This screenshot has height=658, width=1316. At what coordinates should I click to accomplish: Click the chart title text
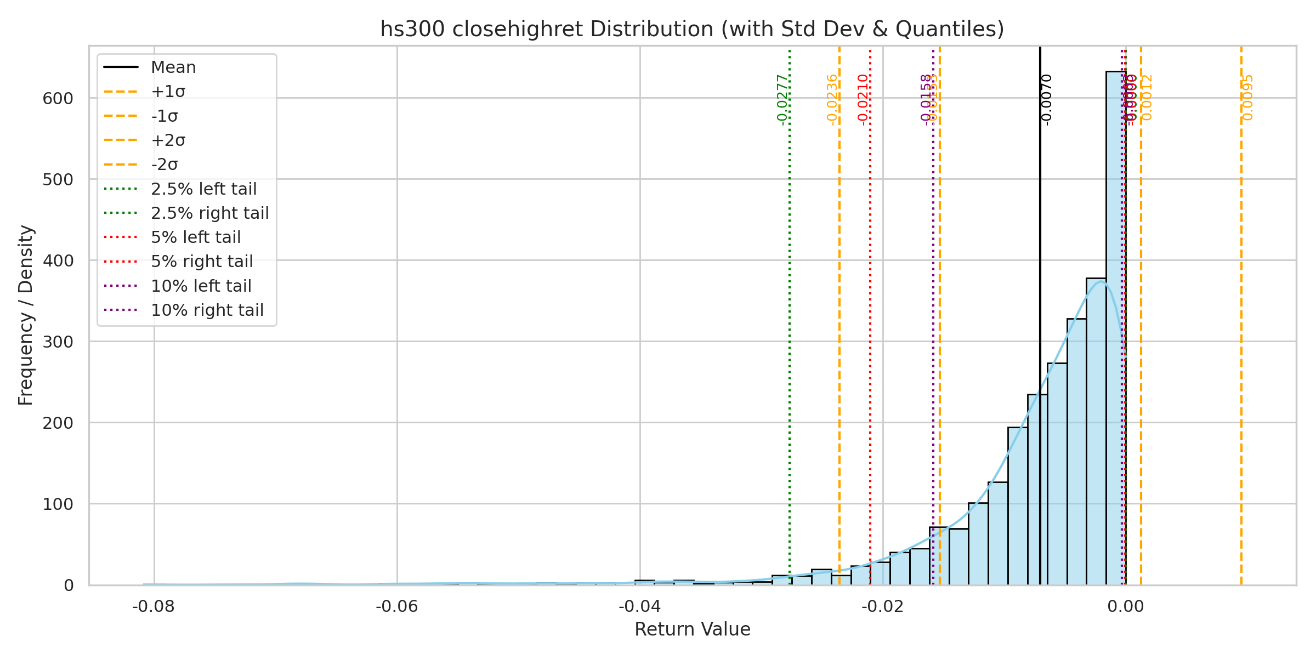[692, 29]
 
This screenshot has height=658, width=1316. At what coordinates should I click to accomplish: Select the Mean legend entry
[173, 67]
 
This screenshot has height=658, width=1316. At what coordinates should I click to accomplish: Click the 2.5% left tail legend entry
[203, 189]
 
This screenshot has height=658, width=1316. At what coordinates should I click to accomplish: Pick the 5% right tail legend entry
[202, 262]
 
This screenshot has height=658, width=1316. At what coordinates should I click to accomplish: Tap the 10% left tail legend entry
[201, 286]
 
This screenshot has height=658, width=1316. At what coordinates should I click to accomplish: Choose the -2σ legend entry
[164, 164]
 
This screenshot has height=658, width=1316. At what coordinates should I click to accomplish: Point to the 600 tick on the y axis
[58, 98]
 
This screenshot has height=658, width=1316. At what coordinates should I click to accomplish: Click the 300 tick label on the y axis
[58, 342]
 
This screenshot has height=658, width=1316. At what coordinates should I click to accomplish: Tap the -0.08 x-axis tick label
[154, 606]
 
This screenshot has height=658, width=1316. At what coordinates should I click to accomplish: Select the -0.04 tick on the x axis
[639, 606]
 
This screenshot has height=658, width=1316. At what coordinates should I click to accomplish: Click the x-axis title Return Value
[692, 629]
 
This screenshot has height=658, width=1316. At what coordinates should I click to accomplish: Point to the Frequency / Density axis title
[26, 315]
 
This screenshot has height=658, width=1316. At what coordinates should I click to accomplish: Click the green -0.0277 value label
[782, 100]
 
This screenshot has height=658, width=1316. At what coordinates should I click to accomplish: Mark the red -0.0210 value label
[863, 100]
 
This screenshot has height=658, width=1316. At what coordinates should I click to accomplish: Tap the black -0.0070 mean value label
[1046, 100]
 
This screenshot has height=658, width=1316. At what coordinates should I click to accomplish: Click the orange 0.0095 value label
[1248, 98]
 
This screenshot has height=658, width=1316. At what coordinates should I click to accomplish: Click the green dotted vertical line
[790, 329]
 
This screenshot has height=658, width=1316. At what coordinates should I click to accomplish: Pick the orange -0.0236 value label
[832, 100]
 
